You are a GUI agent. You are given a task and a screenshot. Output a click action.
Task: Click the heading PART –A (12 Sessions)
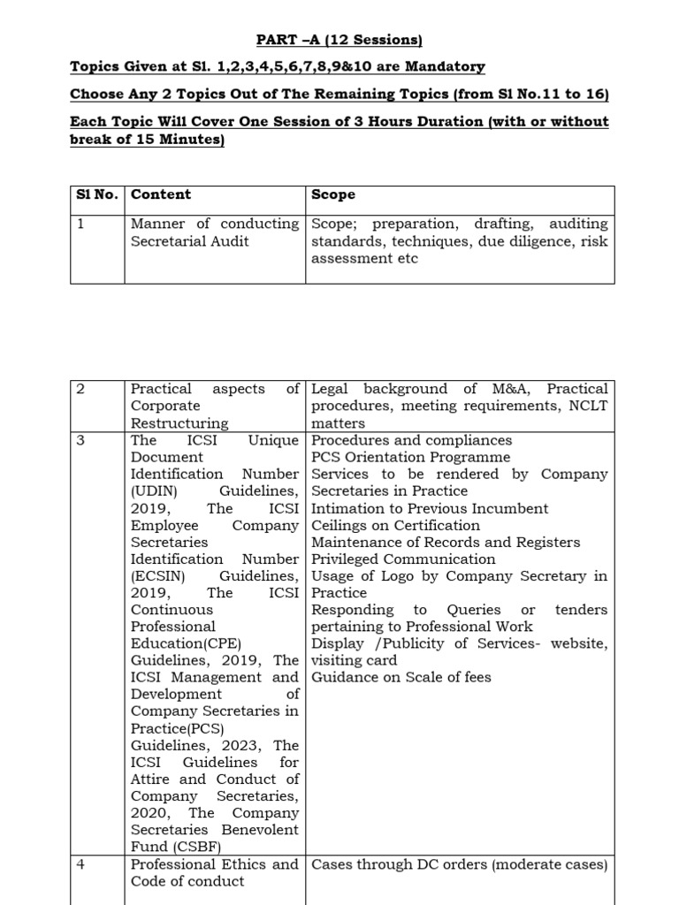pos(339,40)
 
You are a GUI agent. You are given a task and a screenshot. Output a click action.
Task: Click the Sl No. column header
pos(96,194)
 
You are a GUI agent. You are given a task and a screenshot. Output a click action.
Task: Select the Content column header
pos(161,194)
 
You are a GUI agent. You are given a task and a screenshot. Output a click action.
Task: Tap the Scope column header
pos(333,194)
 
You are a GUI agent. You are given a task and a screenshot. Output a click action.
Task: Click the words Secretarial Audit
pos(189,241)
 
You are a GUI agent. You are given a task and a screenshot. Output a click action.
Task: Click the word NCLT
pos(586,406)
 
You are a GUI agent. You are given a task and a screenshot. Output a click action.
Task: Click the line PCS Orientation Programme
pos(410,457)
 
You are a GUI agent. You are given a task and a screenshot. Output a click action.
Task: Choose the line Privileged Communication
pos(403,559)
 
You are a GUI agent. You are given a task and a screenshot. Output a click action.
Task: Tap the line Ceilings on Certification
pos(395,525)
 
